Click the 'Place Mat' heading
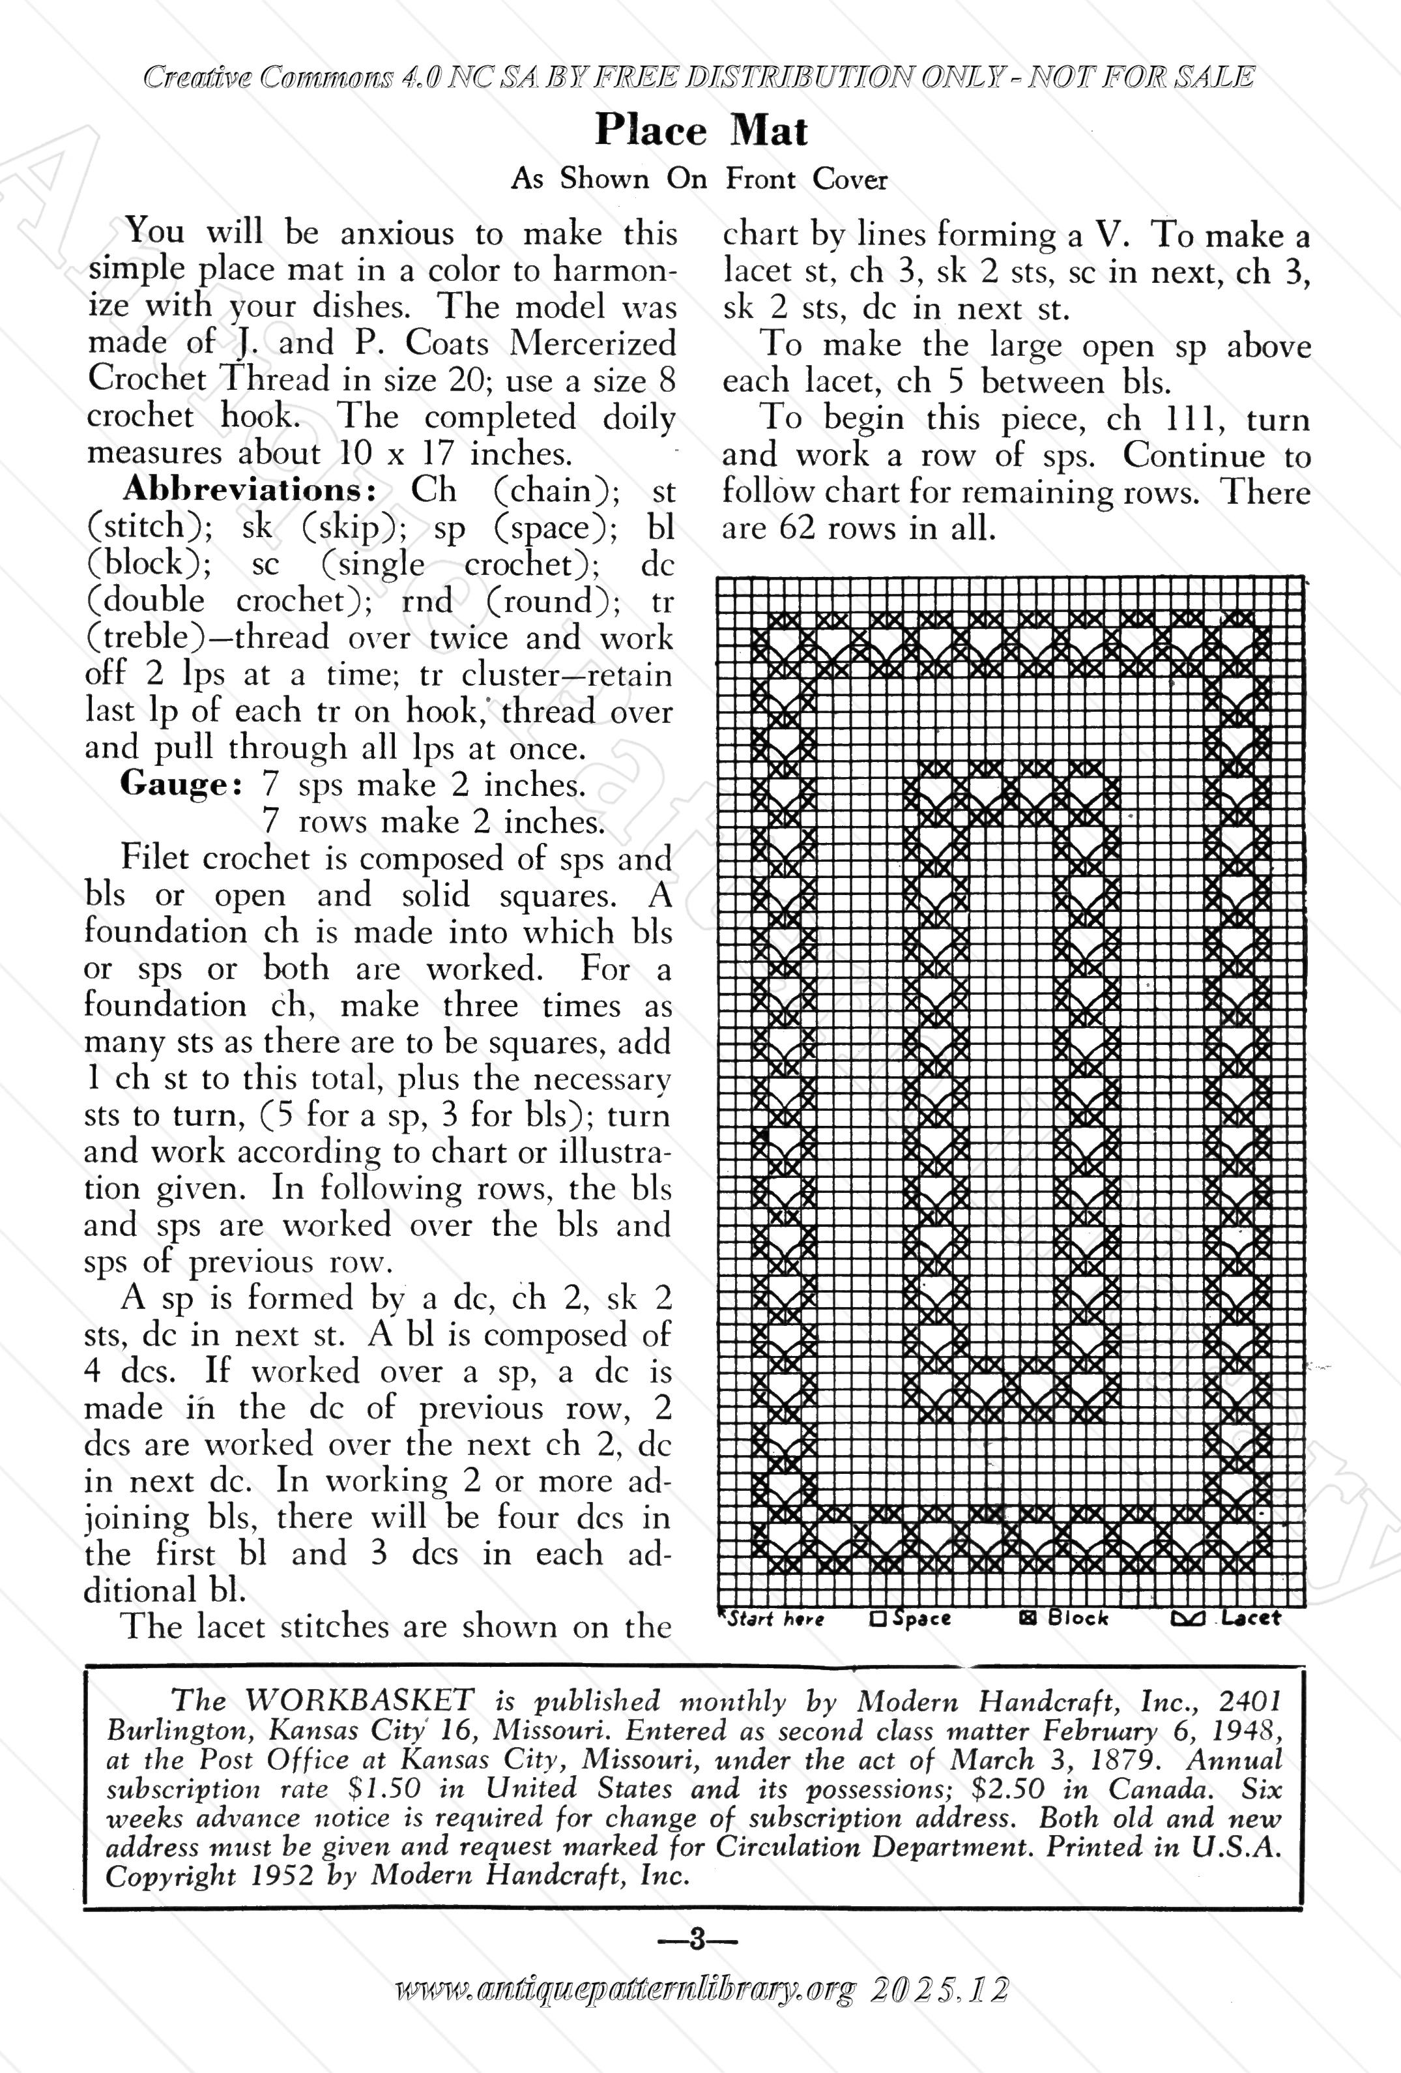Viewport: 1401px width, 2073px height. click(701, 130)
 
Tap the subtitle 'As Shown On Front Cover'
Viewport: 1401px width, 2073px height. click(699, 179)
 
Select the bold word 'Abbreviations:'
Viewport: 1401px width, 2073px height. click(248, 490)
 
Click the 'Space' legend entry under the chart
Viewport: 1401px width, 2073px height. click(912, 1618)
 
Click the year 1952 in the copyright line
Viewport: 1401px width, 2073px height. click(283, 1876)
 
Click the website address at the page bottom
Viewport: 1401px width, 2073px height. click(624, 2014)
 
